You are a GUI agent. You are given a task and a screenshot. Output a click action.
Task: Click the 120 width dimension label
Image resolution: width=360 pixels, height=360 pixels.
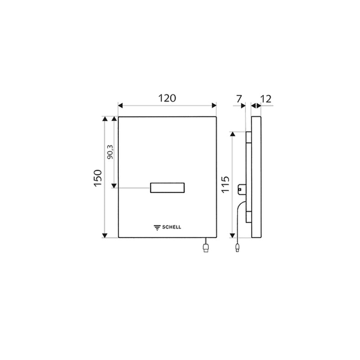pos(167,98)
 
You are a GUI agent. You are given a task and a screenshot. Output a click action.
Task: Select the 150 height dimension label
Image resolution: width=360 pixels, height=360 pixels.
pos(98,176)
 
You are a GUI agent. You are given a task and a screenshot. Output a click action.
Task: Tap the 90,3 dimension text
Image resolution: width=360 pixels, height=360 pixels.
pos(110,153)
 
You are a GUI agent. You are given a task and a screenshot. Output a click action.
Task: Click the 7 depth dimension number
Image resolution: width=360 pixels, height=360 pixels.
pos(238,98)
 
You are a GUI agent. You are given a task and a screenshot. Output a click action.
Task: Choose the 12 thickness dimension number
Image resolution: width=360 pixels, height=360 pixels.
pos(265,98)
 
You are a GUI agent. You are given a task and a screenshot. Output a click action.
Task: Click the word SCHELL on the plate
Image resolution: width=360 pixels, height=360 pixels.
pos(172,227)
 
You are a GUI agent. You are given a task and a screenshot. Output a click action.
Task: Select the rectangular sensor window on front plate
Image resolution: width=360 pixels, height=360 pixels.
pos(167,189)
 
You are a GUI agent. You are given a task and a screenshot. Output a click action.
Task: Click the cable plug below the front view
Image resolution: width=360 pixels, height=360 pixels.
pos(206,248)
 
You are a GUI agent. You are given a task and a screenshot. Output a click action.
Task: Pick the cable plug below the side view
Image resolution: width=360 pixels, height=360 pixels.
pos(237,247)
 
